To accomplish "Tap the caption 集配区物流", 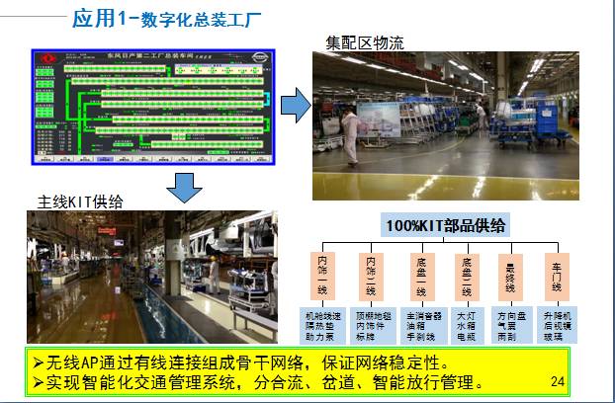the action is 365,43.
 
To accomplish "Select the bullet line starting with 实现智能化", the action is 257,381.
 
